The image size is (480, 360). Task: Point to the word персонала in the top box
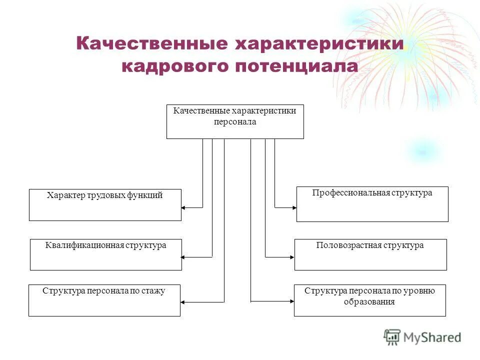tap(234, 122)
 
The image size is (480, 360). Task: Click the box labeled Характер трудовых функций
tap(105, 204)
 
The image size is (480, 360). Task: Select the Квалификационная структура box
tap(105, 254)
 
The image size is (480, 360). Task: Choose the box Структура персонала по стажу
tap(104, 300)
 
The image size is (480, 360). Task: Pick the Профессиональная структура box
tap(372, 203)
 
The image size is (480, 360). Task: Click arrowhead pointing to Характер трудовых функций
tap(183, 207)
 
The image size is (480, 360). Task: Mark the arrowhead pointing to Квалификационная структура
tap(183, 257)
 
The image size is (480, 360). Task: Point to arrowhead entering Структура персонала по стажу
tap(183, 302)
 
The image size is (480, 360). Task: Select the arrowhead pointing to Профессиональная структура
tap(293, 207)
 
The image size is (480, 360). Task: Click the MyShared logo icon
tap(392, 337)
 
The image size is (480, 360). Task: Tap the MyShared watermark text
tap(432, 337)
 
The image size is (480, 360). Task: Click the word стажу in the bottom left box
tap(154, 290)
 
